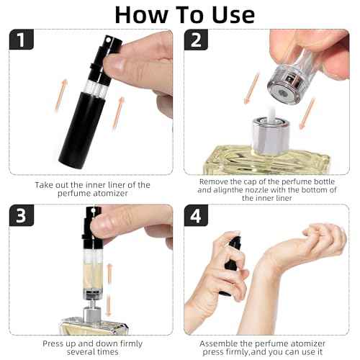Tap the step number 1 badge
[x=21, y=40]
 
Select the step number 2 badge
[x=196, y=40]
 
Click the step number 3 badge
[x=21, y=215]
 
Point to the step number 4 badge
[x=196, y=215]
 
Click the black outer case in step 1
[x=81, y=130]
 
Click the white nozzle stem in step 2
[x=272, y=113]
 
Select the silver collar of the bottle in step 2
[x=270, y=135]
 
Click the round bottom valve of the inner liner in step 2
[x=284, y=92]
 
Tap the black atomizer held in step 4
[x=231, y=264]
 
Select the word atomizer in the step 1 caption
[x=109, y=194]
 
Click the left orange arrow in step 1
[x=61, y=95]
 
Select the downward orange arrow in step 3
[x=109, y=305]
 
